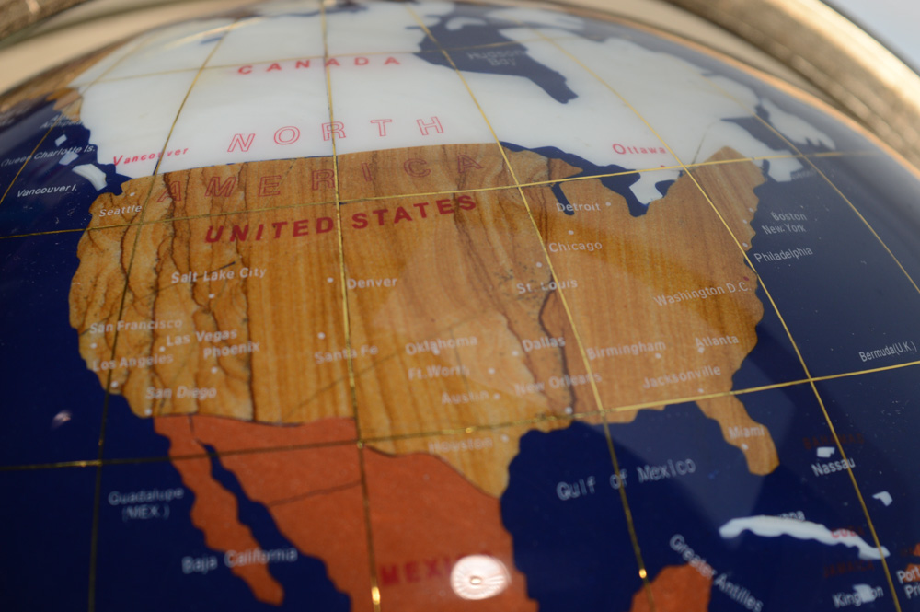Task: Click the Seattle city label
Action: tap(121, 211)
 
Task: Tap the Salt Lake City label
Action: tap(218, 274)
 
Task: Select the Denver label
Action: tap(372, 283)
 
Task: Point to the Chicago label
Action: tap(575, 247)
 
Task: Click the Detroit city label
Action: tap(578, 207)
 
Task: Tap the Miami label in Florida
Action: tap(746, 432)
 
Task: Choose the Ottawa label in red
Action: tap(639, 148)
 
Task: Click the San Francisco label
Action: tap(135, 326)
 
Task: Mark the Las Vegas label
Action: tap(201, 338)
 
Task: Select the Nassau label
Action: tap(833, 467)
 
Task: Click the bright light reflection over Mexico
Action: tap(478, 577)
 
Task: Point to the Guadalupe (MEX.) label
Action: tap(145, 503)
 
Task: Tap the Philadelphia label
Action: tap(783, 253)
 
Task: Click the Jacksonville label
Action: tap(682, 376)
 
